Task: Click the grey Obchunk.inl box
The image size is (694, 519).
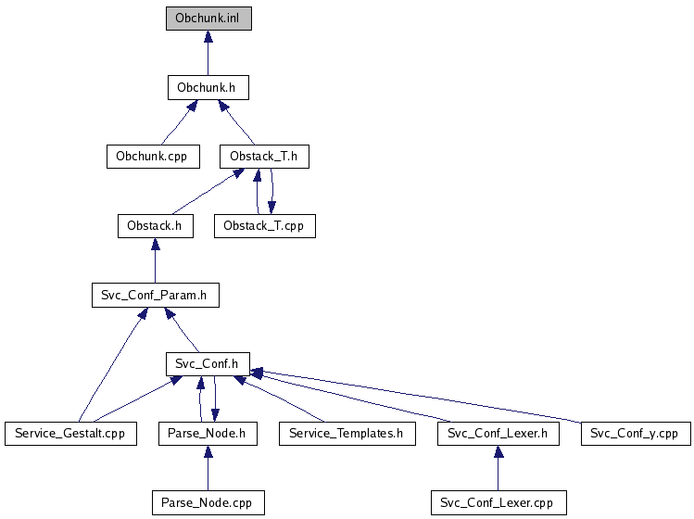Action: pyautogui.click(x=208, y=19)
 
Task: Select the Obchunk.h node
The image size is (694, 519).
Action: pyautogui.click(x=208, y=88)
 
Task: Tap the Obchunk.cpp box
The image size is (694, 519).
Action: pyautogui.click(x=152, y=156)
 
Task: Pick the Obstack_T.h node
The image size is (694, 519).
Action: pyautogui.click(x=264, y=156)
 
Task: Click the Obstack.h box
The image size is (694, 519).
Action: pyautogui.click(x=155, y=225)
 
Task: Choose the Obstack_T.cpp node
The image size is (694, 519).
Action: pyautogui.click(x=264, y=225)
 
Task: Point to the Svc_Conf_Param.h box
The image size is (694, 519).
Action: pyautogui.click(x=155, y=296)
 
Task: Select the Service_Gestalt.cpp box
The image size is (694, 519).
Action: pyautogui.click(x=70, y=433)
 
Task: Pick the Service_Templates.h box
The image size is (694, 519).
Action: pyautogui.click(x=347, y=433)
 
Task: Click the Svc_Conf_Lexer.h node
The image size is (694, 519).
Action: pyautogui.click(x=498, y=433)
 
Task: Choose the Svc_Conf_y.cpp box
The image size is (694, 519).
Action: pyautogui.click(x=636, y=433)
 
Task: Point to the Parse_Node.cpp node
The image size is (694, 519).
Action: pyautogui.click(x=208, y=502)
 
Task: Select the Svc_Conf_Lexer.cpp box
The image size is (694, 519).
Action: pyautogui.click(x=498, y=502)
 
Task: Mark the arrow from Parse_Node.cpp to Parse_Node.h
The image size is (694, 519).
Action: pyautogui.click(x=208, y=469)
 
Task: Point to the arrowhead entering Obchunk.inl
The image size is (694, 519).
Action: pyautogui.click(x=208, y=37)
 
